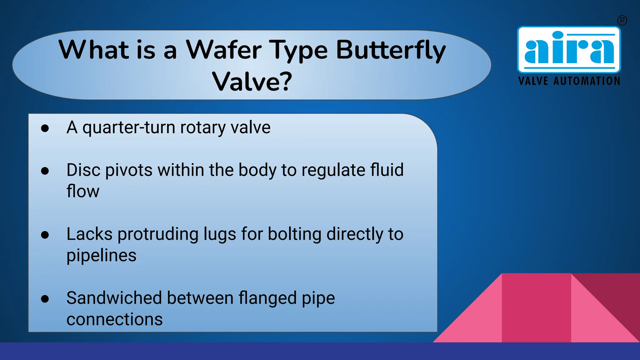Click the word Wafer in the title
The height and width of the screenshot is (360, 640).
coord(223,50)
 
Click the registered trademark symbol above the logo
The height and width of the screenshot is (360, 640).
coord(622,21)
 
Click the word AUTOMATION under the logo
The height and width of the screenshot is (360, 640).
coord(587,81)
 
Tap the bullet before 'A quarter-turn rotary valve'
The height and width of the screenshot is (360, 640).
coord(45,128)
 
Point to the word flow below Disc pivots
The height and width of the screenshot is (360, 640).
coord(83,191)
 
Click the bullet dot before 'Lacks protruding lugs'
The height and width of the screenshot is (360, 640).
coord(45,235)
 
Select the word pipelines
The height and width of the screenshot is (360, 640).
coord(101,256)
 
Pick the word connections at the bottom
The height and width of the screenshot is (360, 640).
coord(114,319)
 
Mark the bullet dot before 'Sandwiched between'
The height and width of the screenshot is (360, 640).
coord(45,299)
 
